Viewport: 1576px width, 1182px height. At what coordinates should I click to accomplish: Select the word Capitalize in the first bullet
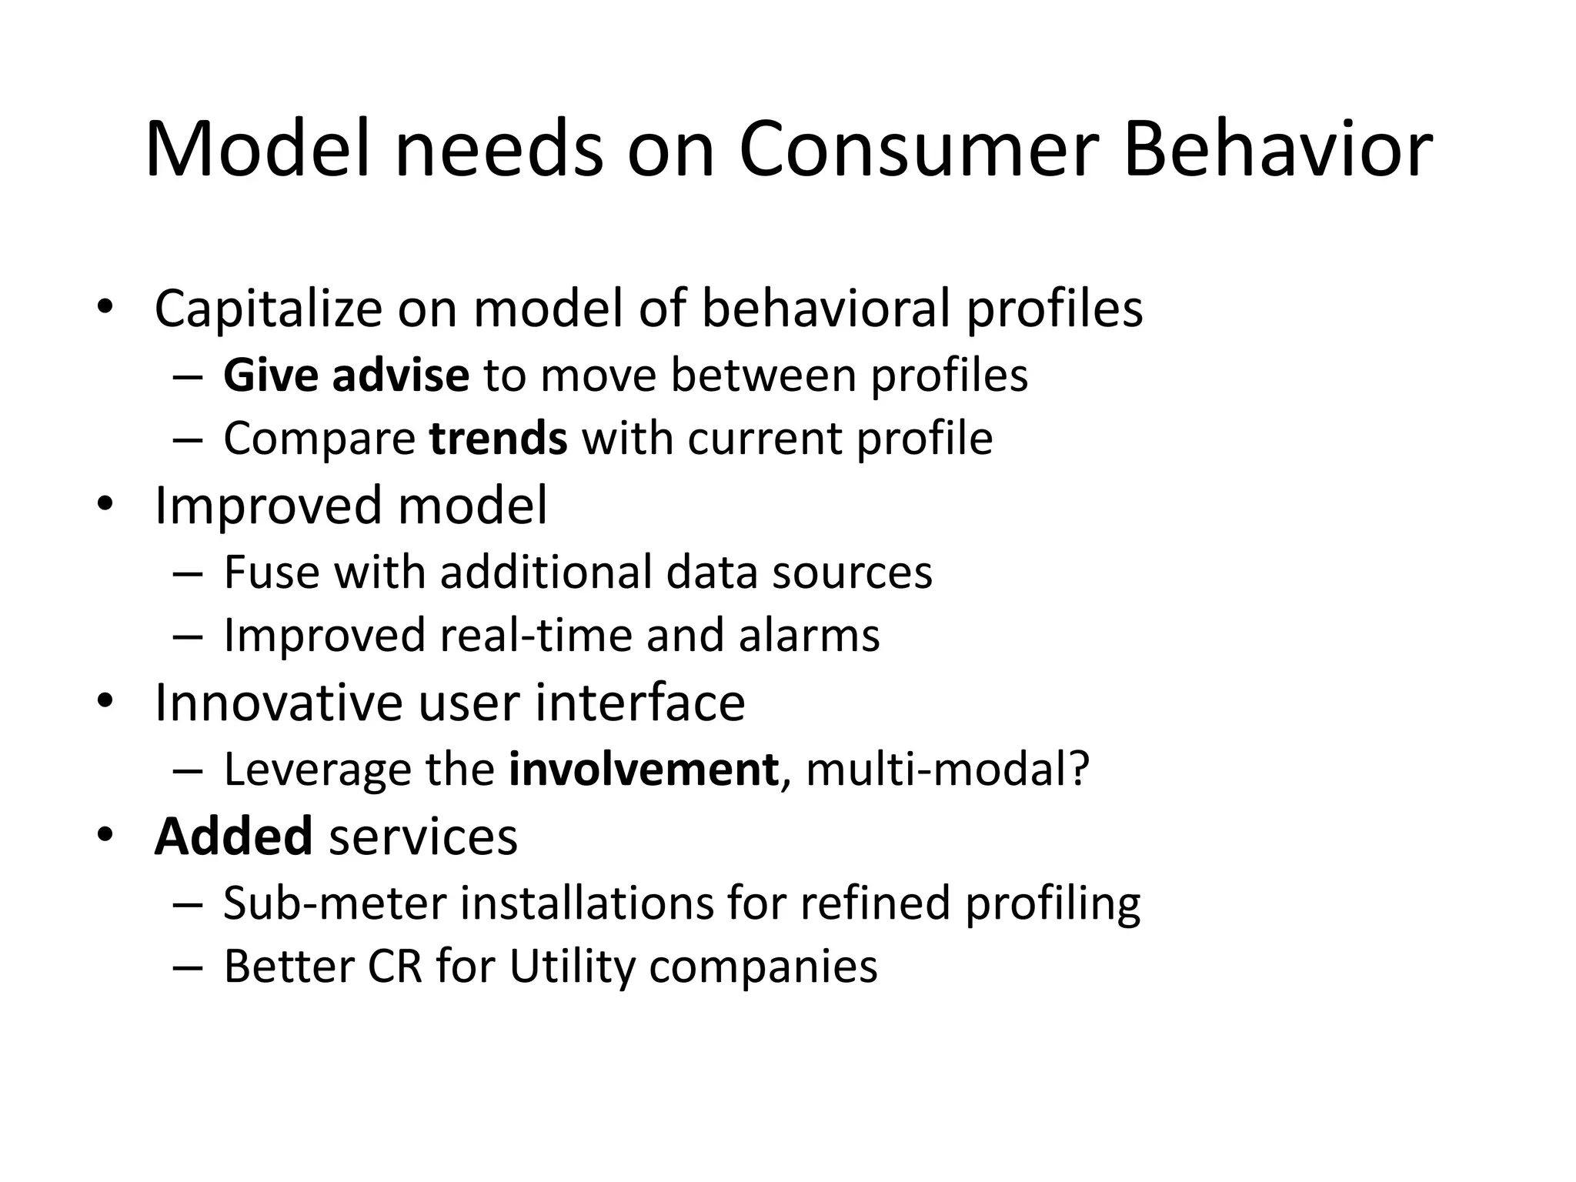click(268, 309)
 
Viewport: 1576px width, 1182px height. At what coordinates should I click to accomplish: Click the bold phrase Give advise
click(346, 376)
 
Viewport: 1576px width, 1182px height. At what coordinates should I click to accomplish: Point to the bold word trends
click(499, 439)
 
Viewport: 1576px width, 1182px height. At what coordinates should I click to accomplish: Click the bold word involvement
click(643, 769)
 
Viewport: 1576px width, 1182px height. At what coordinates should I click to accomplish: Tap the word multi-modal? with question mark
click(947, 769)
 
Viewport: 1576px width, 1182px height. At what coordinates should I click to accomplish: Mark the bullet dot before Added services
click(105, 835)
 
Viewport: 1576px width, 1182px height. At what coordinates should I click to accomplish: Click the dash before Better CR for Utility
click(188, 968)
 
